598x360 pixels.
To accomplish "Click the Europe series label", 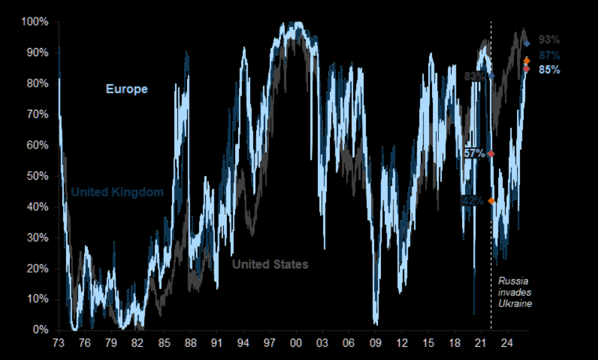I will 127,89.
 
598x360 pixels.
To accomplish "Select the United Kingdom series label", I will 117,192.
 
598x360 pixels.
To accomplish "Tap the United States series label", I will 270,265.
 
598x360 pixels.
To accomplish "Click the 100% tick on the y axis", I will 35,22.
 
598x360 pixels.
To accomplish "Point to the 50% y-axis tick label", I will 37,176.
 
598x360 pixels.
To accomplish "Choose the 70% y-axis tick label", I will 37,114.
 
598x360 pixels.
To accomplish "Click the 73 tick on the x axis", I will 59,343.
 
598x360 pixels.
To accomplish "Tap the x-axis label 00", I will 296,343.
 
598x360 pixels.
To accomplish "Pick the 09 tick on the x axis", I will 375,343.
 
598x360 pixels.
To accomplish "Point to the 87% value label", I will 549,56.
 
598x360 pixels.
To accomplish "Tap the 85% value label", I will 549,70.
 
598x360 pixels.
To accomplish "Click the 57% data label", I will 475,153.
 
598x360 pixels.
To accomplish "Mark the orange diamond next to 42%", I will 491,201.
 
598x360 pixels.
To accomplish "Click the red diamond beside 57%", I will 491,153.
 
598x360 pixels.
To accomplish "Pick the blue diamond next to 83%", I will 491,76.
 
